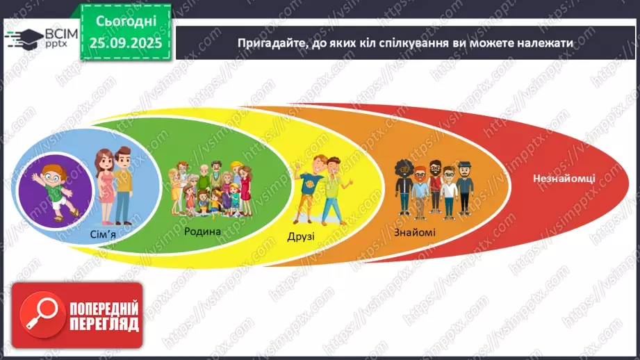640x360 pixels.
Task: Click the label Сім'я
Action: pos(103,235)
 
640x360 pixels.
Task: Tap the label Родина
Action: pos(202,231)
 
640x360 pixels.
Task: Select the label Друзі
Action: pos(301,237)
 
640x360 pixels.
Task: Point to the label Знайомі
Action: pos(414,232)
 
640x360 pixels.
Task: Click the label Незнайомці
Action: pos(564,179)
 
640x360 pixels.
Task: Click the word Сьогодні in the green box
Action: pos(126,22)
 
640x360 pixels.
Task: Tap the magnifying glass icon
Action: pos(42,315)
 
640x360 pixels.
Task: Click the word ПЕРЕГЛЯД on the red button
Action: pos(104,324)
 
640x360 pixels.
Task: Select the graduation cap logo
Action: pos(24,39)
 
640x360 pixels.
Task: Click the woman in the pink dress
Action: pos(105,186)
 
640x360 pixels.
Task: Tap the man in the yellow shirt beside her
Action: pos(122,186)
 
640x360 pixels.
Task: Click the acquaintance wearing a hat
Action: pos(464,188)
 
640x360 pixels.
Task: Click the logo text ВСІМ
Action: pos(61,33)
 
